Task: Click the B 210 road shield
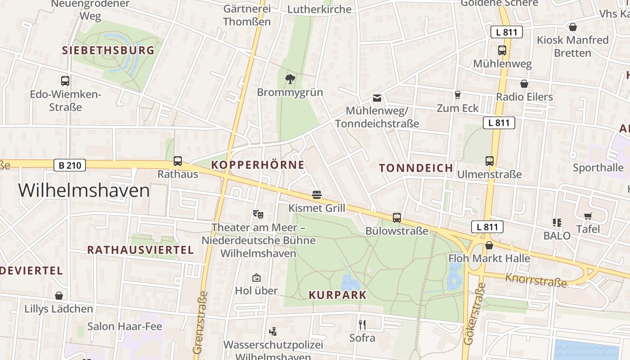70,165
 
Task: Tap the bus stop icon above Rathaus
178,161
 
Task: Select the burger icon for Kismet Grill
317,195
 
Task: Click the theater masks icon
258,214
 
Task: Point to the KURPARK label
337,295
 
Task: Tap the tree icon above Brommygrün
290,79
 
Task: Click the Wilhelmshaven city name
84,191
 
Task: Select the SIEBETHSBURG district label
108,50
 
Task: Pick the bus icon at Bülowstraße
396,218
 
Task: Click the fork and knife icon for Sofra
362,324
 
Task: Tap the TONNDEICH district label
416,168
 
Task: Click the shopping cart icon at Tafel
588,216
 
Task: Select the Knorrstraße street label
535,279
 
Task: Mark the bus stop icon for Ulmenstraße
489,161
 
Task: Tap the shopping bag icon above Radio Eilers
524,84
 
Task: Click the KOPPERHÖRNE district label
258,165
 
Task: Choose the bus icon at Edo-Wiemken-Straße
65,81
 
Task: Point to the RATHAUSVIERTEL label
140,250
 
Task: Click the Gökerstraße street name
472,314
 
